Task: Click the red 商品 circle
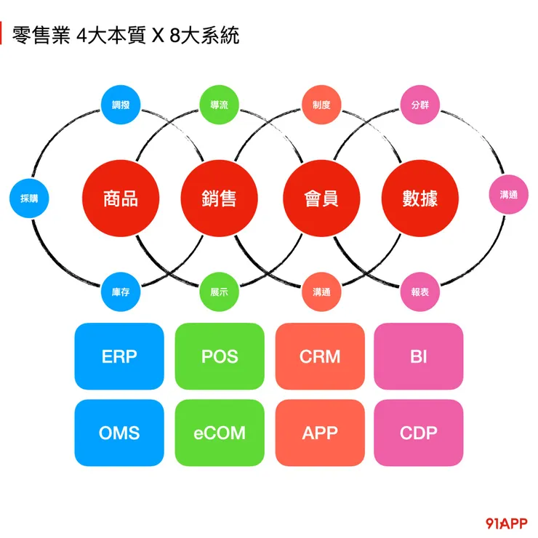[121, 198]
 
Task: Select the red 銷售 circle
[219, 198]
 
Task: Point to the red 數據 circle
[419, 198]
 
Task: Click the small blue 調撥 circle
[121, 105]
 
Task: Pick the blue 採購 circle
[29, 198]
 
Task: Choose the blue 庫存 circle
[121, 292]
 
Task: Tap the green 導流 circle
[219, 105]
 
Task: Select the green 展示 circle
[219, 292]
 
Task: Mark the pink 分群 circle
[419, 105]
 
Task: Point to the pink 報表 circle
[419, 292]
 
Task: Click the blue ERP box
[119, 356]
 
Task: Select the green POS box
[220, 356]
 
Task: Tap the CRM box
[320, 356]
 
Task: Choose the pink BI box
[419, 356]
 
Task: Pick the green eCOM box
[220, 433]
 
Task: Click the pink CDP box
[419, 433]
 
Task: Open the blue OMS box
[119, 433]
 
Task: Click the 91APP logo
[506, 522]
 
